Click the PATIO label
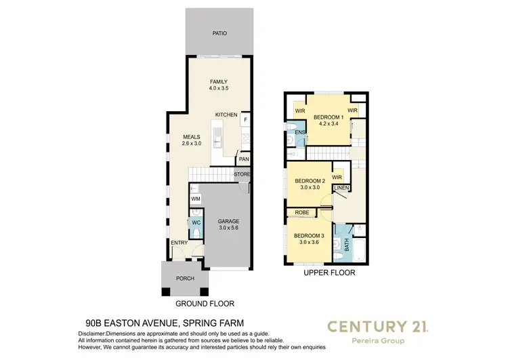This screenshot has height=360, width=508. (x=219, y=33)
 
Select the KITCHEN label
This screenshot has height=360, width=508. (x=226, y=115)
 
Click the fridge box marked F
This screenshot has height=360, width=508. (x=245, y=120)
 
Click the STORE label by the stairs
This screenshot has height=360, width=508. (x=242, y=174)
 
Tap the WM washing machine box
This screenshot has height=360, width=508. (x=195, y=199)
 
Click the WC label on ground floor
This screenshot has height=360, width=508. (x=195, y=222)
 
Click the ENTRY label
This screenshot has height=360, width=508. (x=179, y=243)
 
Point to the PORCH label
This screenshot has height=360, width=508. (x=185, y=279)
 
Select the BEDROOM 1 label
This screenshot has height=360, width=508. (x=329, y=117)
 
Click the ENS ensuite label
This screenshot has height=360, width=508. (x=300, y=132)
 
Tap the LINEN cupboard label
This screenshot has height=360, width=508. (x=341, y=187)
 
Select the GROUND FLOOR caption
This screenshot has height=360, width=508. (x=205, y=304)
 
